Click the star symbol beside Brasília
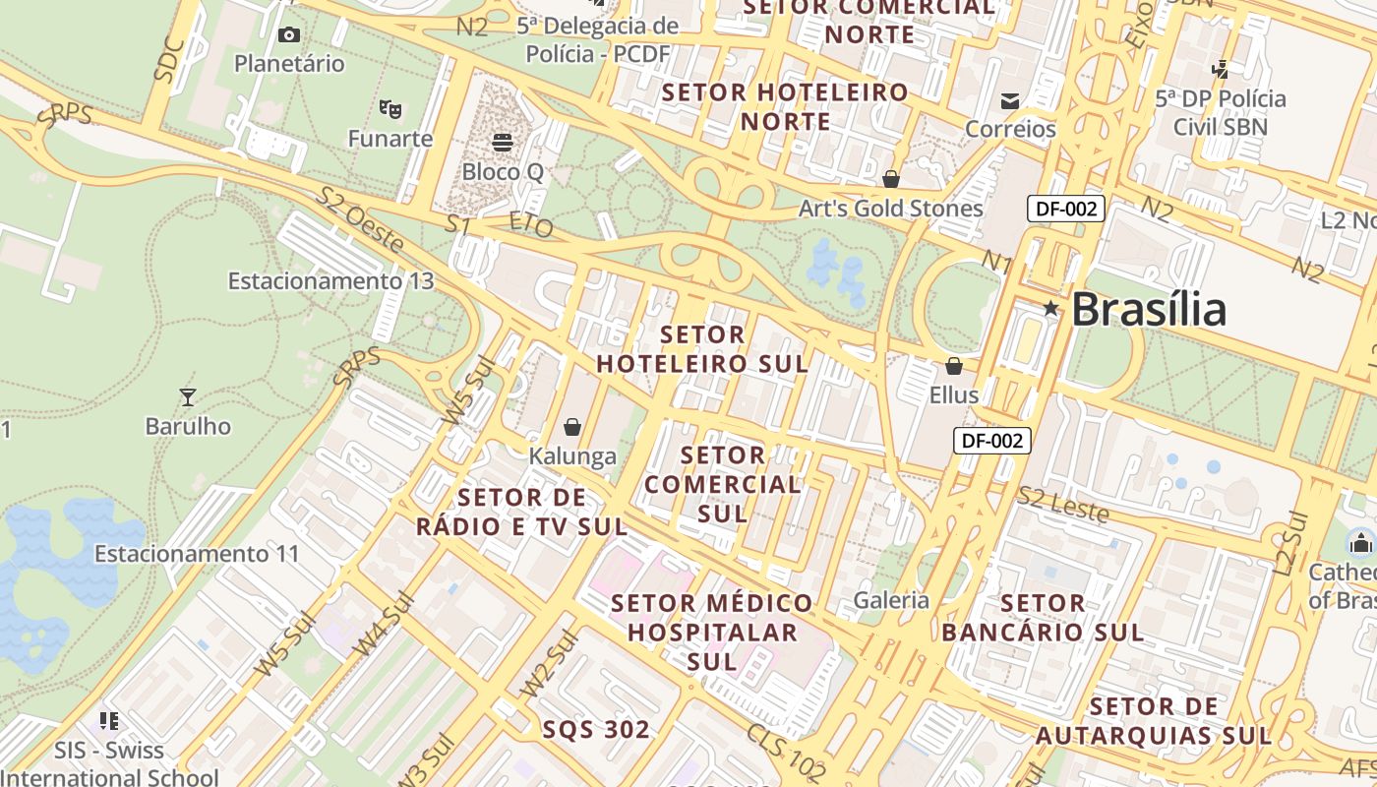[x=1050, y=309]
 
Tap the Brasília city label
[x=1149, y=310]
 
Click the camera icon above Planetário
[x=289, y=35]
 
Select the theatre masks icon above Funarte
[x=390, y=108]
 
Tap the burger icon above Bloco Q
[x=503, y=143]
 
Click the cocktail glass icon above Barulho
[x=188, y=397]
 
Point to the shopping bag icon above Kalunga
[x=572, y=427]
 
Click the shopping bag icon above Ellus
[x=954, y=367]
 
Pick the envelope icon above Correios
[x=1010, y=100]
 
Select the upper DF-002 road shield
[x=1066, y=209]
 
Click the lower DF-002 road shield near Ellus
[x=992, y=441]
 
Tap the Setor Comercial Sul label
[x=723, y=484]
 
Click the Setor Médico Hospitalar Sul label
[x=713, y=632]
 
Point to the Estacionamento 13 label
[x=330, y=281]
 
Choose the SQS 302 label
[x=596, y=730]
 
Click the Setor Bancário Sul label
[x=1043, y=617]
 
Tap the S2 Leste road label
[x=1062, y=505]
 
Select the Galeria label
[x=891, y=600]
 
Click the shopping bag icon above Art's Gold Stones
[x=891, y=179]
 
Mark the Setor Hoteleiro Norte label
[x=786, y=106]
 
